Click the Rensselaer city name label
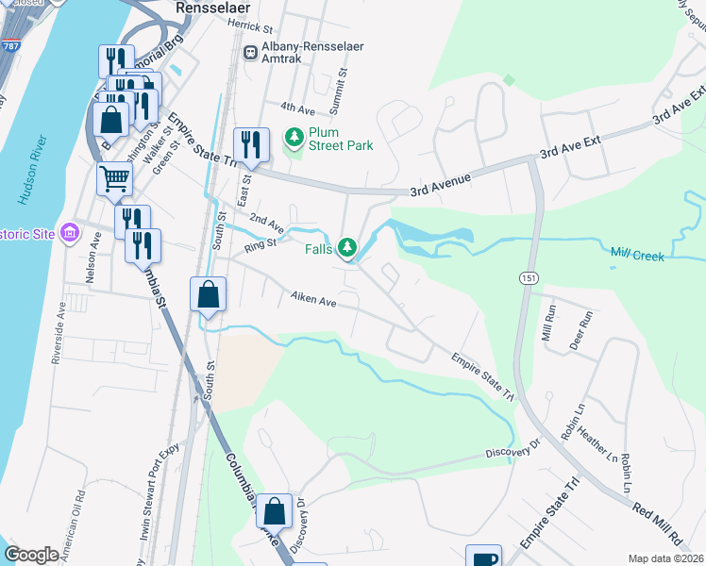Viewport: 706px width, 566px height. coord(217,8)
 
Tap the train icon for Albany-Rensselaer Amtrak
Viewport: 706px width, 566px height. coord(251,54)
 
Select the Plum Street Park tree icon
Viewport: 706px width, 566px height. coord(294,138)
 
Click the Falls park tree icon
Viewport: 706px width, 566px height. coord(348,248)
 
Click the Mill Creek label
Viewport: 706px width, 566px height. coord(638,256)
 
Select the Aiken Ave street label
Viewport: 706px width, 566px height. coord(313,301)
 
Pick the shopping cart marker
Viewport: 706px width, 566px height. coord(114,177)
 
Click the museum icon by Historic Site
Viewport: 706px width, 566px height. coord(69,232)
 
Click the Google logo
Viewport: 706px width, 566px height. coord(32,555)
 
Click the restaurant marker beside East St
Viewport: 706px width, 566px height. coord(251,144)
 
